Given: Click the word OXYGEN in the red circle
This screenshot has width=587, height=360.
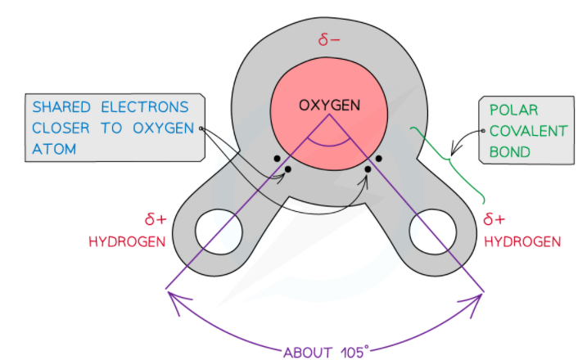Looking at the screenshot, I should pos(330,106).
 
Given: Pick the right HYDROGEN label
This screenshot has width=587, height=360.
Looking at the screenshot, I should pos(522,241).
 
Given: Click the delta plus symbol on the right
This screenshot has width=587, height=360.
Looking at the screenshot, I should pos(494,220).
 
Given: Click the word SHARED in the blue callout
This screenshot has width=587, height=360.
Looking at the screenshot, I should pos(61,107).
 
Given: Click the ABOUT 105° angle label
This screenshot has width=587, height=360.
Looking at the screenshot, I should pos(326,353).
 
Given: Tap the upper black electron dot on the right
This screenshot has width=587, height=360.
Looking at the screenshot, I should pos(379,158).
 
